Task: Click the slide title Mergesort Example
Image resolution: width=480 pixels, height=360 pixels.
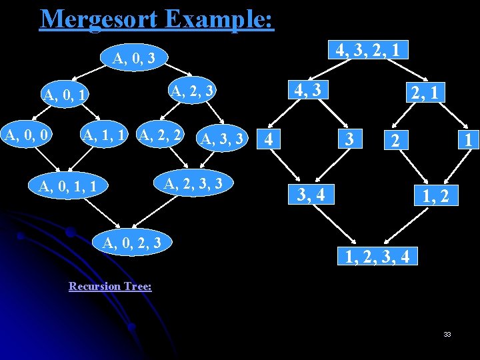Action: click(157, 19)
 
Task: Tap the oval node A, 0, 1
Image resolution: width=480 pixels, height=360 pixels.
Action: click(65, 96)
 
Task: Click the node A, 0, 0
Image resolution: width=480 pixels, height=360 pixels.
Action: click(27, 136)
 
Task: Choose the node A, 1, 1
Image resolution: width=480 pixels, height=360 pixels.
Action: click(104, 136)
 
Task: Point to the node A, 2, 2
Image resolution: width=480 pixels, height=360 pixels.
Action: click(160, 136)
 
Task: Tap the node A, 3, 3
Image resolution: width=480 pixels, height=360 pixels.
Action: click(223, 139)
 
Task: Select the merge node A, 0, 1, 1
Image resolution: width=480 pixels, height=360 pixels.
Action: click(68, 186)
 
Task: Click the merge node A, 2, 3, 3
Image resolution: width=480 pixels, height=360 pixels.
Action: click(193, 182)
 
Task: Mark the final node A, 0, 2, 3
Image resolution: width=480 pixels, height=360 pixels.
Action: click(132, 243)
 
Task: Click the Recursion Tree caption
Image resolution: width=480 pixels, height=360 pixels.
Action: click(110, 286)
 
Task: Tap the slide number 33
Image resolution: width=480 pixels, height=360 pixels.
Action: click(447, 334)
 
